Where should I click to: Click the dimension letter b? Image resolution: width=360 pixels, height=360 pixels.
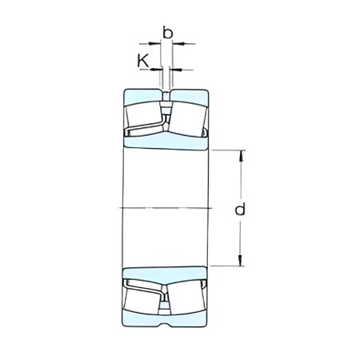coord(166,32)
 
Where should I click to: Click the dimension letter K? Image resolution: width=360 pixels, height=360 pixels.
coord(142,60)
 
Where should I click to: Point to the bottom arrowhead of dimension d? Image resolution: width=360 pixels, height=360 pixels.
coord(240,263)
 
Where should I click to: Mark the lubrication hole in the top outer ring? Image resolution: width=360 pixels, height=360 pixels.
coord(166,97)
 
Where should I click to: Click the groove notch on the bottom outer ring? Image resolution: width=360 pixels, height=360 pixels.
coord(166,326)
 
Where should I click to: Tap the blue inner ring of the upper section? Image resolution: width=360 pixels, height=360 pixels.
coord(166,141)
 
